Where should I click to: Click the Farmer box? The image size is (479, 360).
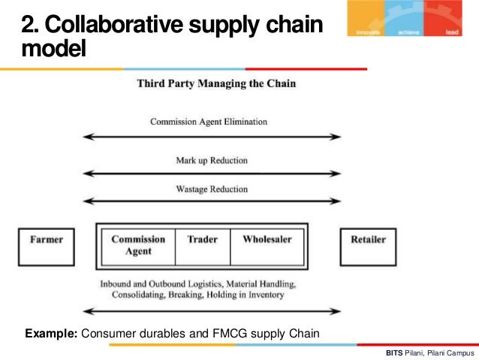[47, 245]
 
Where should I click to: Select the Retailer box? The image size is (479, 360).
[368, 245]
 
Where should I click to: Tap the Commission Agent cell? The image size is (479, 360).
[137, 245]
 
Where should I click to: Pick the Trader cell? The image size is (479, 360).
[202, 241]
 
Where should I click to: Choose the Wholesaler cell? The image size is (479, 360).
[267, 241]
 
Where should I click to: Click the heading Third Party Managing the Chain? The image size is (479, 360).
[216, 84]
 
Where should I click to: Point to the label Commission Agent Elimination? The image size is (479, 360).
[209, 122]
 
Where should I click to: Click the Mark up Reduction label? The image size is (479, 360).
[212, 161]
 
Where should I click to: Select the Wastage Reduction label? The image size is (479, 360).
[212, 189]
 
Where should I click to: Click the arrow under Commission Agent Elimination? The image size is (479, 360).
[212, 137]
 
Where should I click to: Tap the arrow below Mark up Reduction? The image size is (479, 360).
[212, 174]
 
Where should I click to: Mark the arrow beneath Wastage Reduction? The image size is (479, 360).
[212, 201]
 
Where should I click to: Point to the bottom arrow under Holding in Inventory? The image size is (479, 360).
[212, 310]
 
